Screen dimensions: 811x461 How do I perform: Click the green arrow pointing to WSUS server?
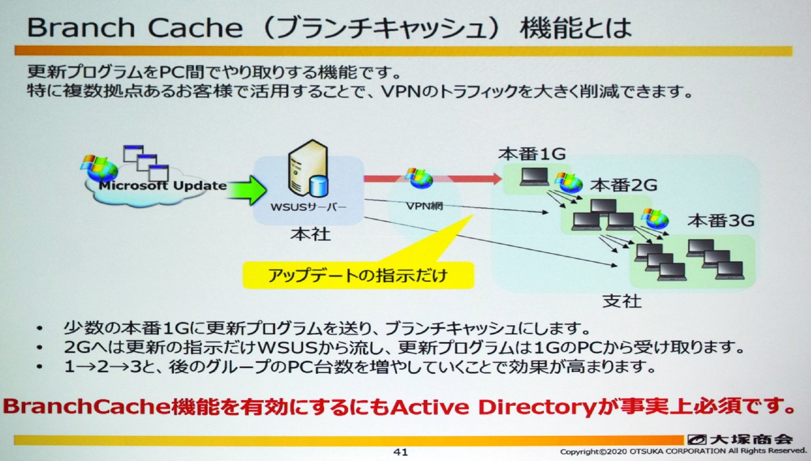pyautogui.click(x=247, y=190)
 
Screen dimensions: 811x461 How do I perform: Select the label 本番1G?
pyautogui.click(x=532, y=154)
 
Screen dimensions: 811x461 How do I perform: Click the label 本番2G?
pyautogui.click(x=623, y=185)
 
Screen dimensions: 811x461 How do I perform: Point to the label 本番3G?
pyautogui.click(x=721, y=221)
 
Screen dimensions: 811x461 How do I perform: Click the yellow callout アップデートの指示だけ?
pyautogui.click(x=358, y=276)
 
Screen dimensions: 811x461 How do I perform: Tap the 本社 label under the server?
pyautogui.click(x=310, y=234)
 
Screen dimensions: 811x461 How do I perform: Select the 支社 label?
pyautogui.click(x=622, y=301)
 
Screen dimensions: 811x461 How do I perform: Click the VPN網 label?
pyautogui.click(x=425, y=206)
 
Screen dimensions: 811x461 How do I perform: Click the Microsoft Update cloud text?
pyautogui.click(x=163, y=185)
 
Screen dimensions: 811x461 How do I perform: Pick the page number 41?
pyautogui.click(x=400, y=452)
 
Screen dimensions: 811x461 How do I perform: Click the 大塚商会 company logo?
pyautogui.click(x=740, y=439)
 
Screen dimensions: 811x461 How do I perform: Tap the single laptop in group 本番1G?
pyautogui.click(x=534, y=177)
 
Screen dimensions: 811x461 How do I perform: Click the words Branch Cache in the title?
pyautogui.click(x=135, y=28)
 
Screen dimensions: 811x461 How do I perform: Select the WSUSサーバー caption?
pyautogui.click(x=308, y=207)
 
